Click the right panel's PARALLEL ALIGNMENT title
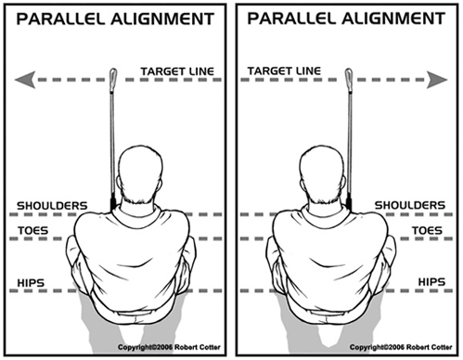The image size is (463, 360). (348, 19)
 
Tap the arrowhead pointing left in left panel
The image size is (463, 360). (27, 81)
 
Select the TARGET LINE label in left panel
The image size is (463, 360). (177, 71)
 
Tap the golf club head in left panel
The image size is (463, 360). (113, 78)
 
